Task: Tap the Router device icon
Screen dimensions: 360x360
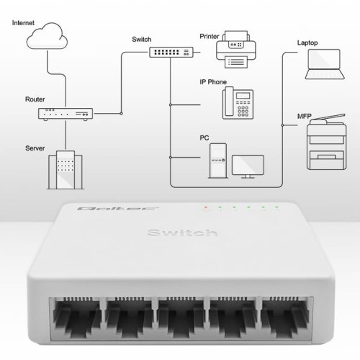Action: pos(65,113)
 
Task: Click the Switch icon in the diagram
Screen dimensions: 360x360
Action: pos(171,51)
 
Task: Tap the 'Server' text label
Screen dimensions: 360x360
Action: pos(35,148)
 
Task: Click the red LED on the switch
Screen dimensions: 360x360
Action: pos(205,207)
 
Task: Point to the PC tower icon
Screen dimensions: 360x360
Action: pos(217,160)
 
